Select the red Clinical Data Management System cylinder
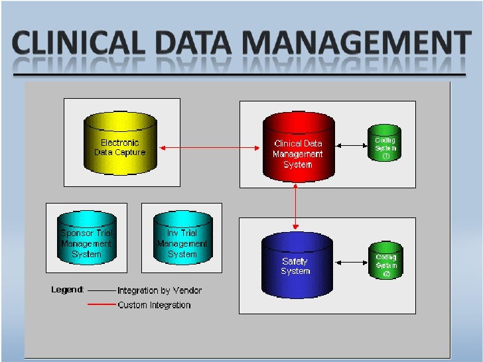pyautogui.click(x=297, y=147)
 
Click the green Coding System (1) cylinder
pyautogui.click(x=385, y=143)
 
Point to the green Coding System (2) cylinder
pyautogui.click(x=385, y=260)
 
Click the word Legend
pyautogui.click(x=68, y=290)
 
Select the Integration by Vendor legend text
pyautogui.click(x=159, y=290)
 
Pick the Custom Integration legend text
pyautogui.click(x=154, y=305)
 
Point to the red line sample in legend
pyautogui.click(x=101, y=305)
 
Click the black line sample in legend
pyautogui.click(x=101, y=290)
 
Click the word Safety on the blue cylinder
pyautogui.click(x=295, y=261)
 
